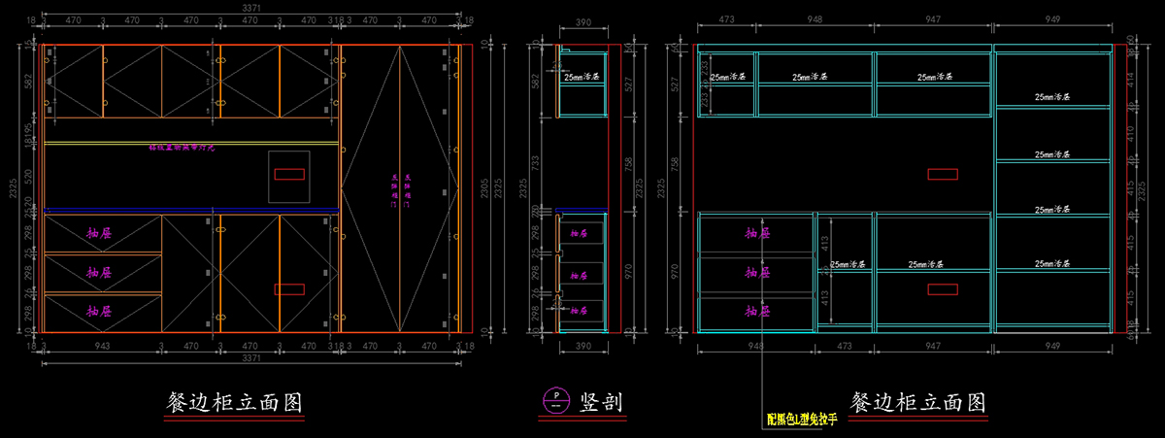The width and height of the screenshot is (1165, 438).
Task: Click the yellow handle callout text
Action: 801,421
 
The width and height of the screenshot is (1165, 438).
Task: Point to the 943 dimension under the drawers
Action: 101,345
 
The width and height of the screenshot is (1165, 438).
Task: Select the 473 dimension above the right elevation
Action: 725,19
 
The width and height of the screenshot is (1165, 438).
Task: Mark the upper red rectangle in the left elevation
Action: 290,175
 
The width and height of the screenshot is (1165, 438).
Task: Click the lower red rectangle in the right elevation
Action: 943,288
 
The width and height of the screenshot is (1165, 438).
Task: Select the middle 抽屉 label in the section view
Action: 580,272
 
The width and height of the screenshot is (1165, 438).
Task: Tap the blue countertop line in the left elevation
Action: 189,209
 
